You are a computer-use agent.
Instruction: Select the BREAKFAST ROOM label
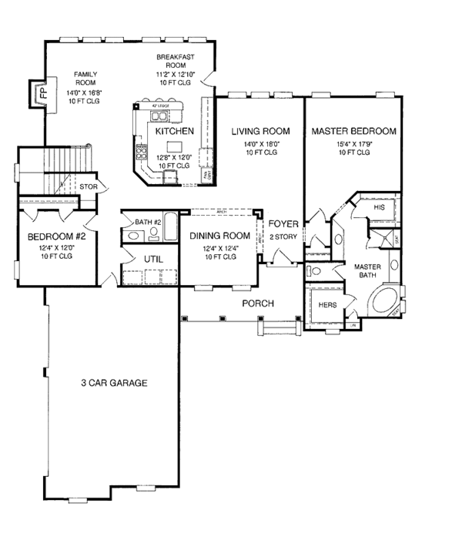(175, 62)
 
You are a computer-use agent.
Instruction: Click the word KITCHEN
(174, 132)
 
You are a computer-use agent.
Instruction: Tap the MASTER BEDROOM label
(353, 132)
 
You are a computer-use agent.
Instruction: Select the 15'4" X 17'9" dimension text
(353, 143)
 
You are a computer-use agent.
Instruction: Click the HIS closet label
(379, 208)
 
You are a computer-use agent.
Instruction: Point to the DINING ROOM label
(220, 236)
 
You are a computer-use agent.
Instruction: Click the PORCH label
(258, 304)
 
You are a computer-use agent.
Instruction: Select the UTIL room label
(153, 260)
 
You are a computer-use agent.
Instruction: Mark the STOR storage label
(87, 186)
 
